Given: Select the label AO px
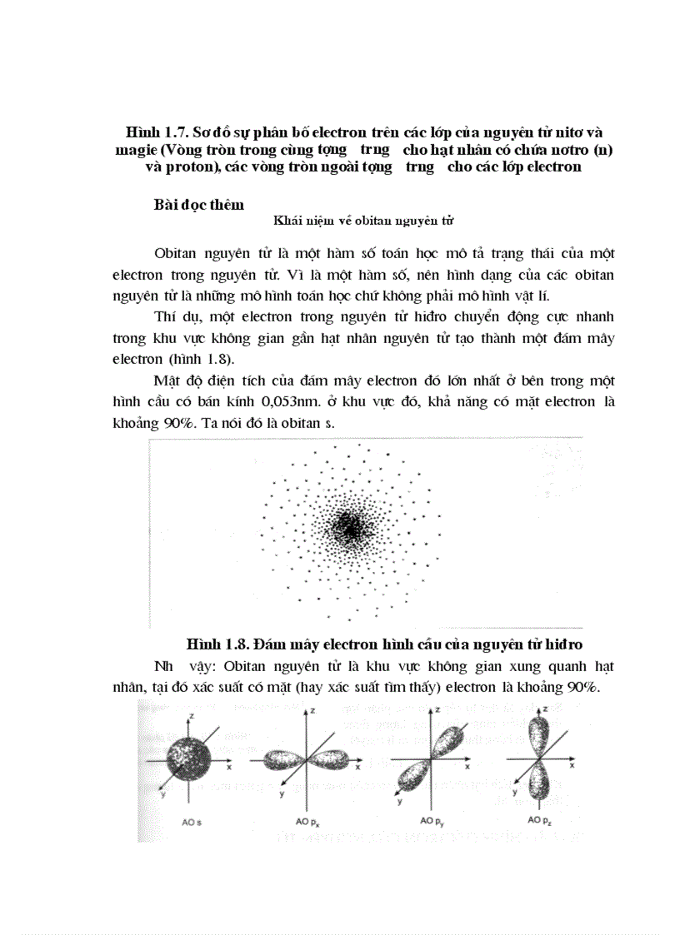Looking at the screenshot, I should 307,822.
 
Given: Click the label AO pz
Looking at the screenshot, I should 539,821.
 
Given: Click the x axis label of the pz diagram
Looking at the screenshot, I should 584,765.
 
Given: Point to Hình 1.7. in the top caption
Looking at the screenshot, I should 153,132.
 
